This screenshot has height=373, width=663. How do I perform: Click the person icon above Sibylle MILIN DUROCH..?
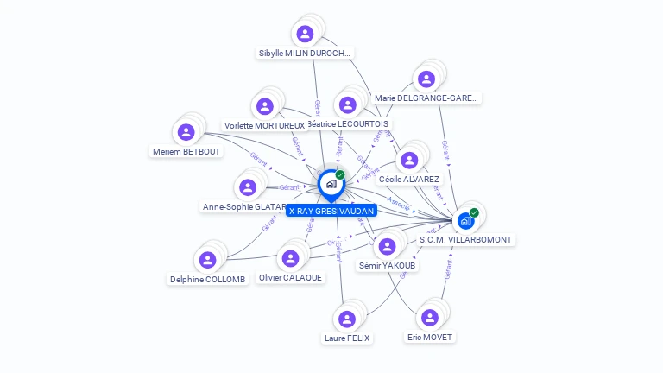pyautogui.click(x=304, y=34)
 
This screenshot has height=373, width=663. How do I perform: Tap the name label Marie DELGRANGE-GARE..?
pyautogui.click(x=426, y=98)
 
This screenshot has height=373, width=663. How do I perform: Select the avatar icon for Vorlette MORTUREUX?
pyautogui.click(x=265, y=106)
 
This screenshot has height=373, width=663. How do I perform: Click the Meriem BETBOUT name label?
pyautogui.click(x=186, y=152)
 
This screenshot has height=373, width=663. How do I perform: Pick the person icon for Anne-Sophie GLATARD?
pyautogui.click(x=248, y=187)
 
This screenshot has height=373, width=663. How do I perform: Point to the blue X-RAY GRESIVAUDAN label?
pyautogui.click(x=331, y=211)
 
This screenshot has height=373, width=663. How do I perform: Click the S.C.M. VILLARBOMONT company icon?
pyautogui.click(x=466, y=221)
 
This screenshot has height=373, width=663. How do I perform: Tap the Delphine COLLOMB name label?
pyautogui.click(x=208, y=279)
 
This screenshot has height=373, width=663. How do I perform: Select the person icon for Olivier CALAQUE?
pyautogui.click(x=290, y=258)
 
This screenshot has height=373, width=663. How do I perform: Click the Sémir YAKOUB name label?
pyautogui.click(x=388, y=266)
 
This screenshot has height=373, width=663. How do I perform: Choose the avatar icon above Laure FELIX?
pyautogui.click(x=347, y=319)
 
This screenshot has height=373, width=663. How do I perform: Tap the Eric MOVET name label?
pyautogui.click(x=430, y=337)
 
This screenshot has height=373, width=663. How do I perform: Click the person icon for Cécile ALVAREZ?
pyautogui.click(x=409, y=160)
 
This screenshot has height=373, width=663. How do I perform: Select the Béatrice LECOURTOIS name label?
pyautogui.click(x=349, y=124)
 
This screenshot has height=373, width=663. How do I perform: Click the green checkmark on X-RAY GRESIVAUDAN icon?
pyautogui.click(x=340, y=174)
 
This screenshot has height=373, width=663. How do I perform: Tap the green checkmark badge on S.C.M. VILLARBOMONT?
pyautogui.click(x=474, y=212)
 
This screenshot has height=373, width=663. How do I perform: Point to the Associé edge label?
pyautogui.click(x=399, y=204)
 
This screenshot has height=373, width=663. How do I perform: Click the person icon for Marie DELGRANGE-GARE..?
pyautogui.click(x=426, y=79)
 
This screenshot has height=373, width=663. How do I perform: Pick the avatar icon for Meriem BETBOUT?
pyautogui.click(x=186, y=132)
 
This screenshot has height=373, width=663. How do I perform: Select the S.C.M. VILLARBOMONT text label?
pyautogui.click(x=466, y=240)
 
